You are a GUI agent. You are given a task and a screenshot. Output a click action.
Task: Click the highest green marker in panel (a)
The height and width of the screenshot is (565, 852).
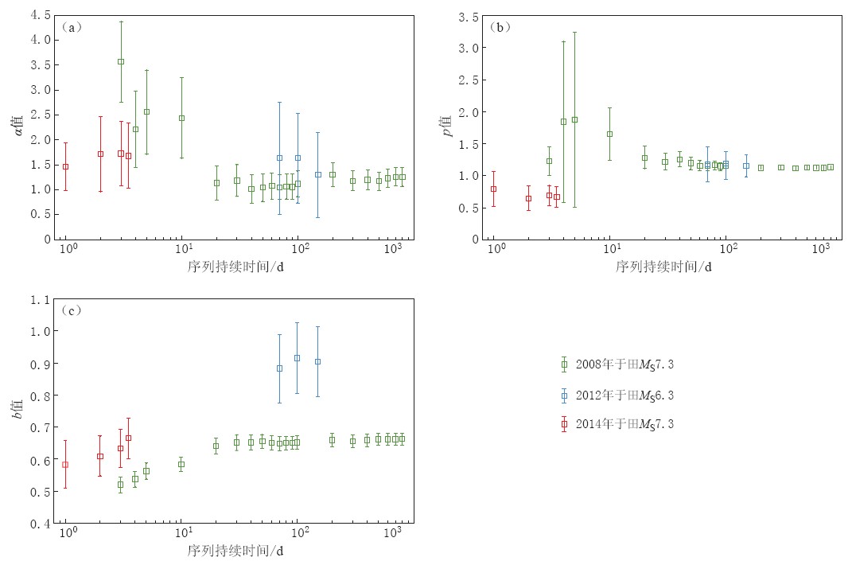121,61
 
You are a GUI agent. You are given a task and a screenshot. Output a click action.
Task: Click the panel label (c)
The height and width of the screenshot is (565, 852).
72,310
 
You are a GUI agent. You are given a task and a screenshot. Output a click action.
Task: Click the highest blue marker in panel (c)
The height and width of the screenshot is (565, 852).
298,358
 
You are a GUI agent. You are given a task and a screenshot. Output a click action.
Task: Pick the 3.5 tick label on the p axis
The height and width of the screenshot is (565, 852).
469,17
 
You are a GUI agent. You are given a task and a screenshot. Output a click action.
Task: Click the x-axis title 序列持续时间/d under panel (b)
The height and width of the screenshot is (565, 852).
663,266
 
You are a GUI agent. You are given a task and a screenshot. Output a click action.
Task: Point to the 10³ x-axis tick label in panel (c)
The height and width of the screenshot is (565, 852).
392,532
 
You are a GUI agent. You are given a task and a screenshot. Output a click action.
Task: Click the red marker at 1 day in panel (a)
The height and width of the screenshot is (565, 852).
66,166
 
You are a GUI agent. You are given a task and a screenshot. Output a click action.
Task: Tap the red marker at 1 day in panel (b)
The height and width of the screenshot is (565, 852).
493,189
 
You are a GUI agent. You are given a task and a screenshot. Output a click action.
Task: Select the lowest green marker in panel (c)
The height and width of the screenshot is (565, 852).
121,484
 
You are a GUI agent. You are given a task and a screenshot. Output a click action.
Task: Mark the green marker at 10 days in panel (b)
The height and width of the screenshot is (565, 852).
609,134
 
